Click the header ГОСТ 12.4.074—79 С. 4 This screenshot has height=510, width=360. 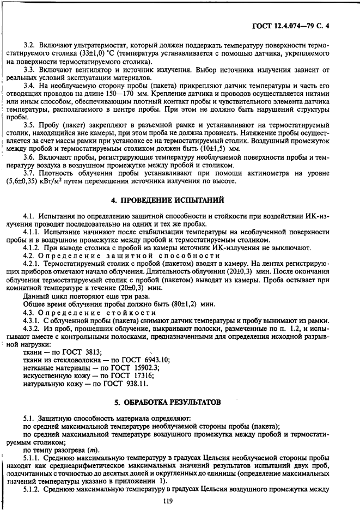tap(306, 25)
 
